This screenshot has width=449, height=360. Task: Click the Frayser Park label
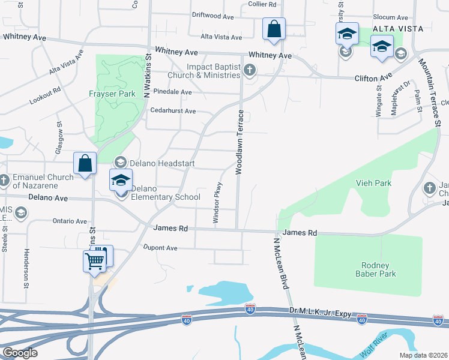pyautogui.click(x=112, y=94)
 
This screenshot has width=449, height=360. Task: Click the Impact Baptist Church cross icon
pyautogui.click(x=250, y=71)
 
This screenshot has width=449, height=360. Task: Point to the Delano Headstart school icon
pyautogui.click(x=120, y=163)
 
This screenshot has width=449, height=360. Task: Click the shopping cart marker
pyautogui.click(x=95, y=262)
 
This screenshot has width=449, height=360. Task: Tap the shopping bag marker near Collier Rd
pyautogui.click(x=274, y=29)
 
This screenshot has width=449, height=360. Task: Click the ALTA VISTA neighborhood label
pyautogui.click(x=398, y=29)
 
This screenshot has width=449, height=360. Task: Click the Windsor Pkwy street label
pyautogui.click(x=218, y=203)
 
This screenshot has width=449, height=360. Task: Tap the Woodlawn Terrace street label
pyautogui.click(x=240, y=142)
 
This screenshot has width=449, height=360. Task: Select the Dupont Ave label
pyautogui.click(x=160, y=247)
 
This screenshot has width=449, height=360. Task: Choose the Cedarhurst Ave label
pyautogui.click(x=173, y=111)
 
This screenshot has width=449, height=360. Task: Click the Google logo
pyautogui.click(x=20, y=353)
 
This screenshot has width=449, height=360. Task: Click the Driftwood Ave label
pyautogui.click(x=212, y=15)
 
